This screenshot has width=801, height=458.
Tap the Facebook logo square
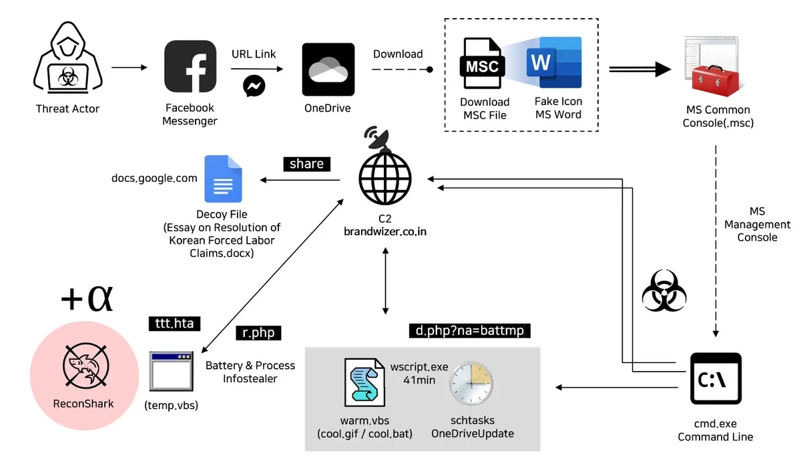pos(190,68)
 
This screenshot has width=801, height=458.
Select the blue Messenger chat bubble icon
pos(254,86)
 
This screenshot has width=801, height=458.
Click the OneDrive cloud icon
pos(328,70)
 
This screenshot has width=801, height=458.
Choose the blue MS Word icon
pos(553,63)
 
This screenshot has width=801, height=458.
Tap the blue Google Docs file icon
pos(223,179)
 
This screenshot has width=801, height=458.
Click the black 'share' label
pos(307,164)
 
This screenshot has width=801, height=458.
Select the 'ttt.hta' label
pos(174,324)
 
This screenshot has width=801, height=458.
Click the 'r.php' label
pos(258,332)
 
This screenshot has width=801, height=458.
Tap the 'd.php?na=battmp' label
pos(470,331)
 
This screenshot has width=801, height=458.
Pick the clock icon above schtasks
pos(471,384)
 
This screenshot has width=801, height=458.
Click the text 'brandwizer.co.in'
pos(384,232)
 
